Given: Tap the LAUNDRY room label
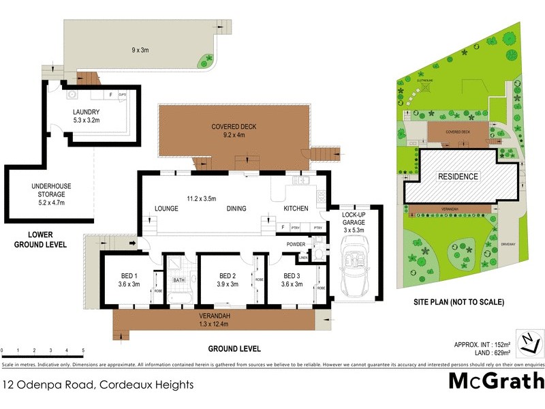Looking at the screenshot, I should click(87, 112).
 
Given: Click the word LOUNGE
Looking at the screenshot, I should click(166, 209).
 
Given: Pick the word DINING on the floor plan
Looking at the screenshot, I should click(236, 209).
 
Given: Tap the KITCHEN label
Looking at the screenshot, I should click(296, 209).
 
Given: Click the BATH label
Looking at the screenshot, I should click(179, 279).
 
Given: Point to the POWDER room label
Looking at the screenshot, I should click(296, 243).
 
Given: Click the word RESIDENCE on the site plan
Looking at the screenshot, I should click(458, 177).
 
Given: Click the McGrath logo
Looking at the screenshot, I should click(496, 381).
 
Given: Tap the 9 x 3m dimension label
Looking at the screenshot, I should click(141, 50).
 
